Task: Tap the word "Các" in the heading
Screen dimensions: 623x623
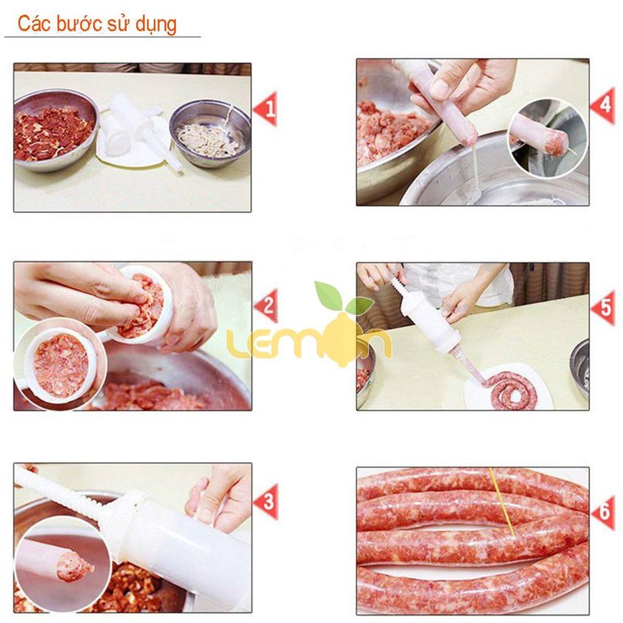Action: click(33, 24)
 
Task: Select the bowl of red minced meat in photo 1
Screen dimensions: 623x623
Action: click(55, 130)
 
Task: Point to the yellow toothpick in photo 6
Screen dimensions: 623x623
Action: click(503, 502)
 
